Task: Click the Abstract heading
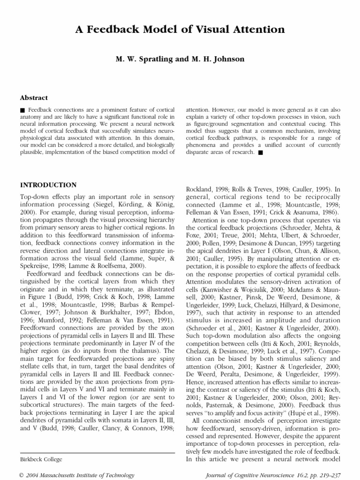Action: click(x=34, y=97)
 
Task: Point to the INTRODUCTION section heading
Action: click(x=48, y=185)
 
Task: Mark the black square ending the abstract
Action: click(x=261, y=152)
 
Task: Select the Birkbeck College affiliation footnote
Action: click(x=41, y=459)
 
